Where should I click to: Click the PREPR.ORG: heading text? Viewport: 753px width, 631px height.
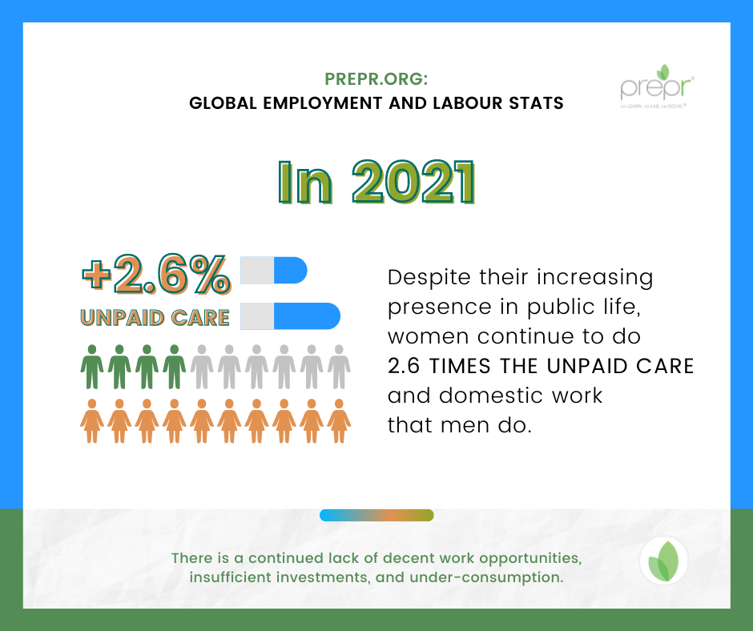point(376,79)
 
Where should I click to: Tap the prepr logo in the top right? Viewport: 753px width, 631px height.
point(657,86)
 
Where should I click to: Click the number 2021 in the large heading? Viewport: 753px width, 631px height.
point(413,183)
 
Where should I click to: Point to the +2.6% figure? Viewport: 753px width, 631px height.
point(156,274)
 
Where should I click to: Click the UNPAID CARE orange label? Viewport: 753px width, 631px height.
point(155,318)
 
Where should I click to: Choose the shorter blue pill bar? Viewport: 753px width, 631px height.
point(274,270)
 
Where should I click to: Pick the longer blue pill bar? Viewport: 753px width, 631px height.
point(291,316)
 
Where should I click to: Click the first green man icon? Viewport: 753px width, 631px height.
point(92,367)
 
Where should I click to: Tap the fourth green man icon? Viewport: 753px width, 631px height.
point(175,367)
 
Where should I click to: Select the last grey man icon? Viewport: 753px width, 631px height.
point(339,367)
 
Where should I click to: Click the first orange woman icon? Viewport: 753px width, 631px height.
point(92,421)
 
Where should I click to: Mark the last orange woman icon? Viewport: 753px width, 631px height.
point(339,421)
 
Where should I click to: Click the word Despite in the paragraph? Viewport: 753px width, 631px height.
point(429,278)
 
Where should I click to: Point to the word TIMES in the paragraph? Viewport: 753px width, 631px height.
point(460,366)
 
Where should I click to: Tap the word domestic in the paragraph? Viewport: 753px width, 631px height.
point(494,396)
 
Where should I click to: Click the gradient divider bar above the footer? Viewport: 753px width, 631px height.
point(376,515)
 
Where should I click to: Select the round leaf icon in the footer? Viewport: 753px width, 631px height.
point(663,561)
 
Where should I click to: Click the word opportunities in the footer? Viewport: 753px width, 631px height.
point(530,558)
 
